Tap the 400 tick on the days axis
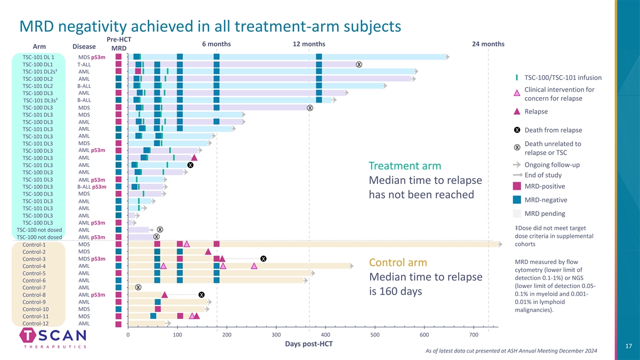[226, 334]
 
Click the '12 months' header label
[309, 44]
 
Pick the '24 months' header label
[488, 44]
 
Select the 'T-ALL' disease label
[84, 65]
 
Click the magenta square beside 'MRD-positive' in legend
[517, 186]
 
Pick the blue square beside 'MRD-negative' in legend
[517, 200]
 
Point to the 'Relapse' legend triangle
[517, 111]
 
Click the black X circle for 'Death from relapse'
[517, 130]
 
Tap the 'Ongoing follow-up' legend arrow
[517, 164]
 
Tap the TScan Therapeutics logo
[53, 338]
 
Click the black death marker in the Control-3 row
[263, 259]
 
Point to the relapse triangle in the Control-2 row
[208, 252]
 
